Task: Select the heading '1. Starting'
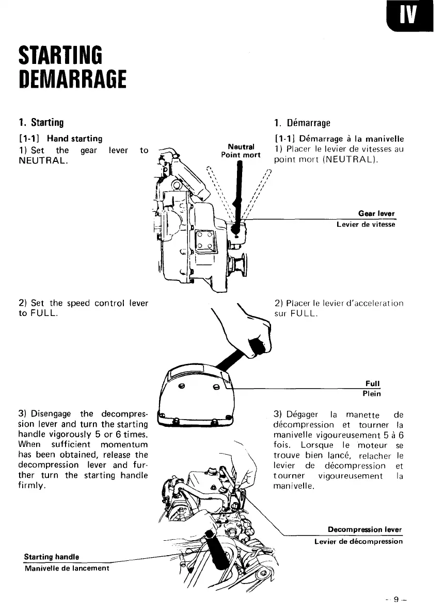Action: [41, 123]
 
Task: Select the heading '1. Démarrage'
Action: [302, 123]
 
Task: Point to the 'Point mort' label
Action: [241, 155]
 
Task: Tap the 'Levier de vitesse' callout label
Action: [366, 225]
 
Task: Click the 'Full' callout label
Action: [372, 384]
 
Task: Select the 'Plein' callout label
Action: [372, 394]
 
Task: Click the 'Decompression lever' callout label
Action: [364, 529]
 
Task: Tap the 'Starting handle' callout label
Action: [52, 557]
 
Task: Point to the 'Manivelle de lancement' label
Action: [67, 568]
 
